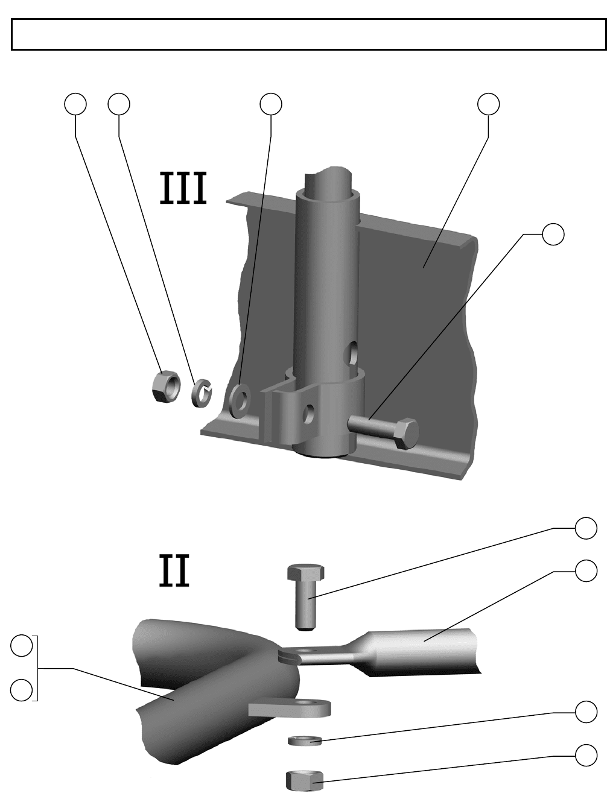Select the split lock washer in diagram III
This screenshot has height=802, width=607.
coord(203,393)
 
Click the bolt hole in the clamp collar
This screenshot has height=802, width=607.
coord(310,414)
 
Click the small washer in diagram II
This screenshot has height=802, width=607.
coord(305,740)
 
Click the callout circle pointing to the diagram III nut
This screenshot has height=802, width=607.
coord(75,104)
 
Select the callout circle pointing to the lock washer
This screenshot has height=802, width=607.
coord(119,104)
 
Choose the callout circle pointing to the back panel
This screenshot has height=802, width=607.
coord(489,104)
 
